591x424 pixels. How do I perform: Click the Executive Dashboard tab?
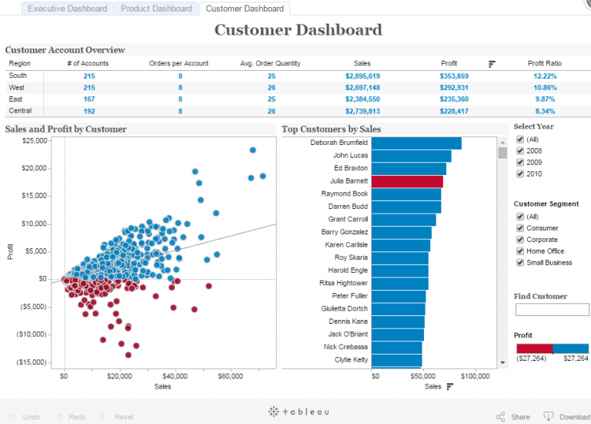67,8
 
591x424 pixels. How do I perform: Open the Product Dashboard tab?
156,8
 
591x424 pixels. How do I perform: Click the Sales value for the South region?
362,76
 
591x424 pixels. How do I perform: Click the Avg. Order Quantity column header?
270,63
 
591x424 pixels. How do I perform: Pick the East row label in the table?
15,99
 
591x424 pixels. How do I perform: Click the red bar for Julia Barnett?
406,181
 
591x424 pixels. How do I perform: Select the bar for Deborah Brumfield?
416,143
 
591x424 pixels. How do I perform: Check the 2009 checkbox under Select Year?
520,163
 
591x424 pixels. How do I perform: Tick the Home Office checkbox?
520,251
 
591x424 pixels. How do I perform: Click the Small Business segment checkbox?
520,263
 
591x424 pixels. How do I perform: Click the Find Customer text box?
551,309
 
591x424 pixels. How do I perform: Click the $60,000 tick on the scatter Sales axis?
231,376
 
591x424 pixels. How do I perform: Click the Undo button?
24,416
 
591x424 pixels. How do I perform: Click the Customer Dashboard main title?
298,30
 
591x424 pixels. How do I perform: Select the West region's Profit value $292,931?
454,88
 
